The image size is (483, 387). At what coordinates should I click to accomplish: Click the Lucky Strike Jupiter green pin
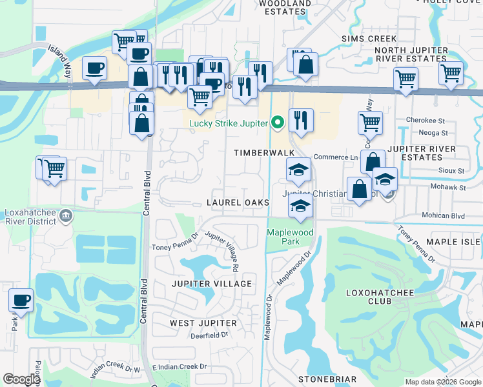[278, 121]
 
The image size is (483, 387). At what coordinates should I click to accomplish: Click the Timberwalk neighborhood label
[264, 152]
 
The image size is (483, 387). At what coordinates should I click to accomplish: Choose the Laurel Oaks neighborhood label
[238, 203]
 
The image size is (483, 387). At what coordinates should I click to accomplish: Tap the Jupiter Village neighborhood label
[212, 284]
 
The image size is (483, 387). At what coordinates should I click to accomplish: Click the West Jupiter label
[203, 322]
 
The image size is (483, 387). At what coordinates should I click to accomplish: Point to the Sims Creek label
[369, 39]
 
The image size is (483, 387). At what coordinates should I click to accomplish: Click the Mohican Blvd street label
[443, 215]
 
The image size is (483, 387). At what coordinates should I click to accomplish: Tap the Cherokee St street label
[426, 121]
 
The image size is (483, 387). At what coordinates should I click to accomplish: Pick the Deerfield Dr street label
[210, 335]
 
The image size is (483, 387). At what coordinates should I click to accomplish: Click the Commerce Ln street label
[335, 157]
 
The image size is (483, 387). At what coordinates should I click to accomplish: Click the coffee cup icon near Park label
[21, 301]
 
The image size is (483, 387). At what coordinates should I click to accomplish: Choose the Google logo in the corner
[21, 379]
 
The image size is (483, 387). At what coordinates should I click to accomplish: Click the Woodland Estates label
[285, 7]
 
